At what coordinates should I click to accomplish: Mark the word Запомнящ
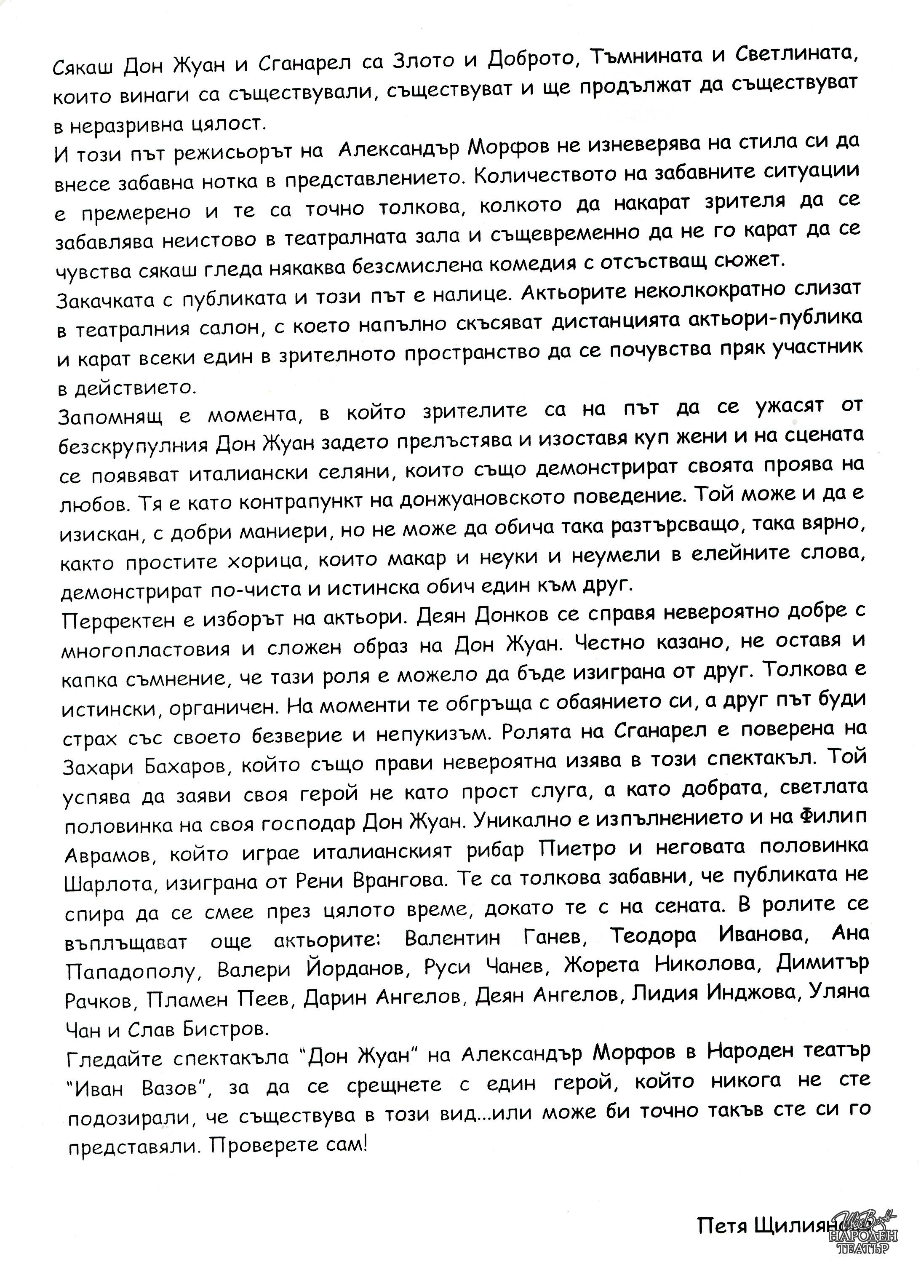tap(109, 416)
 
